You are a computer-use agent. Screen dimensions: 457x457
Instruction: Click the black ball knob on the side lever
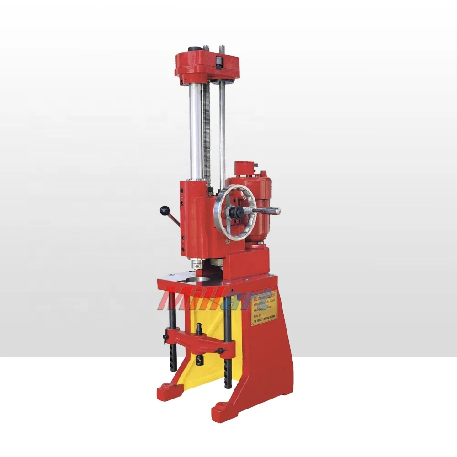tap(164, 210)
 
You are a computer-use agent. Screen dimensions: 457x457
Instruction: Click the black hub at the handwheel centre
tap(237, 212)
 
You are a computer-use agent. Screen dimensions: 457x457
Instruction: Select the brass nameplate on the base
tap(264, 308)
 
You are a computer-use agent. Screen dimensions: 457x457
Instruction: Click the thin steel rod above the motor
tap(223, 133)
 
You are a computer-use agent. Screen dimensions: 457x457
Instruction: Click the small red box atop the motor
tap(244, 168)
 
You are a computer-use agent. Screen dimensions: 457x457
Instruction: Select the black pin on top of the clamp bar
tap(200, 328)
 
